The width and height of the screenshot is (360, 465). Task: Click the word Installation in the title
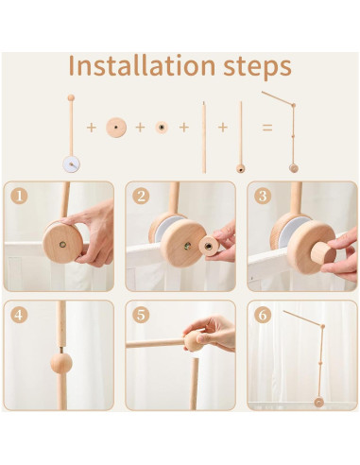(142, 65)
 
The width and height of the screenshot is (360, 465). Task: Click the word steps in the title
(258, 67)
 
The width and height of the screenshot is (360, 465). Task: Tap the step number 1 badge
(19, 196)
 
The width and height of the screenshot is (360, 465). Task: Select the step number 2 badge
(141, 196)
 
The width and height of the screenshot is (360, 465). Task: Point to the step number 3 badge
(263, 196)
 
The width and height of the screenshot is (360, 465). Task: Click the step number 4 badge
(19, 315)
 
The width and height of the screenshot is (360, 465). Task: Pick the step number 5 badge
(141, 315)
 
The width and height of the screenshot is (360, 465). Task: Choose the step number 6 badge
(263, 315)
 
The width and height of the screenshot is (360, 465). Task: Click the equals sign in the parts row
(267, 128)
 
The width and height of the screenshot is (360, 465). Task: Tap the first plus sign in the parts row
(92, 128)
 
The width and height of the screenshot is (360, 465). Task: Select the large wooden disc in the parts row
(116, 128)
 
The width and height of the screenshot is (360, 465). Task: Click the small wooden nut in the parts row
(162, 128)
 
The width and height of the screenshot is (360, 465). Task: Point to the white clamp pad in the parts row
(71, 164)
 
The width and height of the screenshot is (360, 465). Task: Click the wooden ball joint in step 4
(61, 363)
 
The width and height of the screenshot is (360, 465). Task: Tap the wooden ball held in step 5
(194, 341)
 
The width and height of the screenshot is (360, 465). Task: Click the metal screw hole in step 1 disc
(62, 244)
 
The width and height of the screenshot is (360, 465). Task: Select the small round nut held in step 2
(209, 246)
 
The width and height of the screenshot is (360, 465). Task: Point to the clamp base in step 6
(318, 403)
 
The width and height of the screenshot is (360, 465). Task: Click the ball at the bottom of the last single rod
(241, 168)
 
